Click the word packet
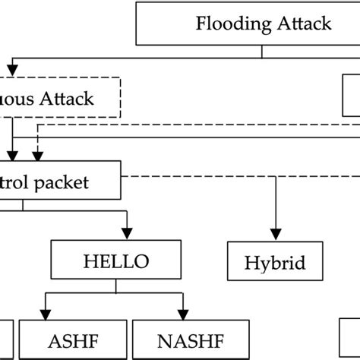(65, 182)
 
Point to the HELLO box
(115, 262)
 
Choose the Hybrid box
(275, 263)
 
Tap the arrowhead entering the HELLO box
(126, 235)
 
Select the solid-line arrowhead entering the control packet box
(14, 155)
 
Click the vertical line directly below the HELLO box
(115, 287)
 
